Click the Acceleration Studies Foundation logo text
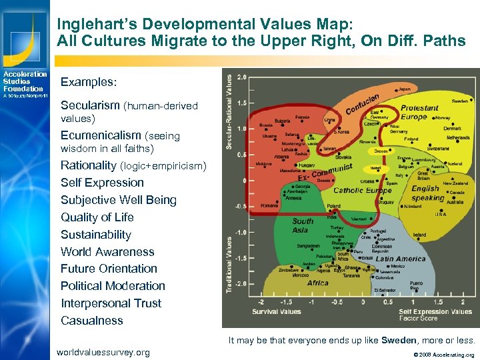click(24, 81)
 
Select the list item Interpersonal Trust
click(111, 303)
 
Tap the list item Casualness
click(92, 321)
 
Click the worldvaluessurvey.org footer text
click(103, 352)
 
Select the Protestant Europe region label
click(419, 112)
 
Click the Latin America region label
click(401, 259)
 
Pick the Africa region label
click(317, 283)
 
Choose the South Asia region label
click(303, 225)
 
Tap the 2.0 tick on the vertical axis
click(242, 77)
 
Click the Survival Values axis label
click(277, 311)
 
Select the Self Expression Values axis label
click(435, 311)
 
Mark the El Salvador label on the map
click(385, 291)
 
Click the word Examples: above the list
click(89, 82)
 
